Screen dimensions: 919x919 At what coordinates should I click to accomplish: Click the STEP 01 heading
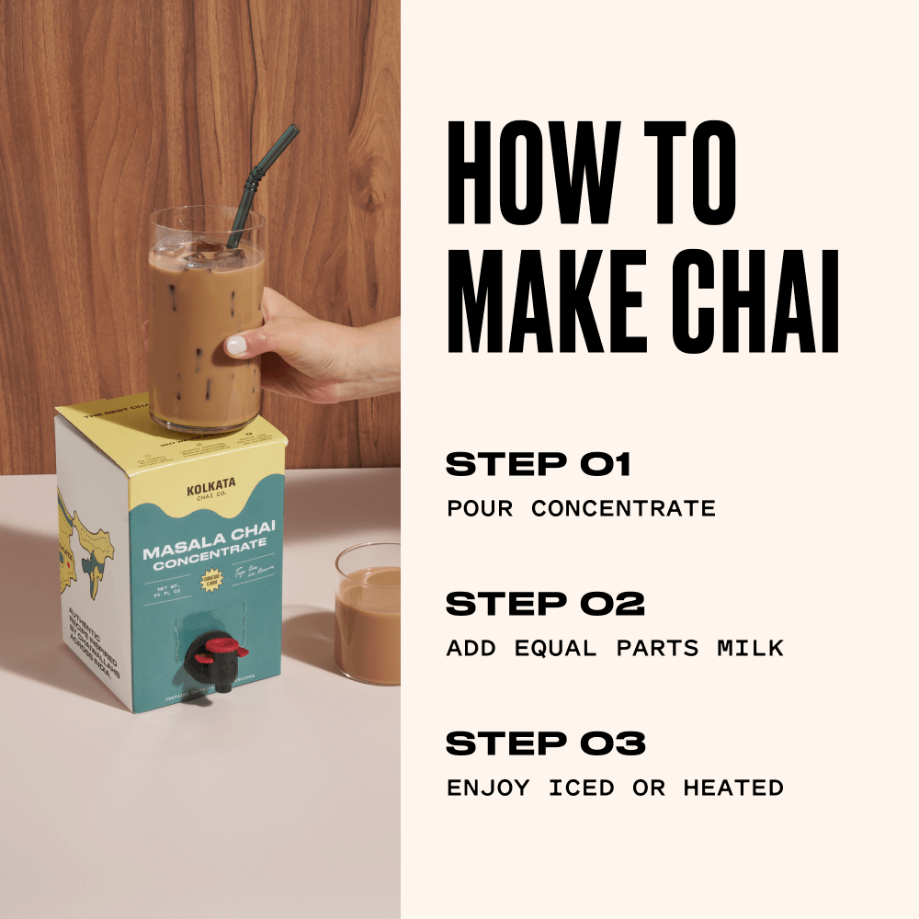pyautogui.click(x=539, y=465)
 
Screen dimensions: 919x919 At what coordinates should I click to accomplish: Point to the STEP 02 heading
pyautogui.click(x=545, y=604)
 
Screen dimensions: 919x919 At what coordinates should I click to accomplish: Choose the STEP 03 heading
pyautogui.click(x=546, y=743)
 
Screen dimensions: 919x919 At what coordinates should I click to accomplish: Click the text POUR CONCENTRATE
pyautogui.click(x=581, y=508)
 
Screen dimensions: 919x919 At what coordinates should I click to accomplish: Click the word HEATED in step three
pyautogui.click(x=732, y=788)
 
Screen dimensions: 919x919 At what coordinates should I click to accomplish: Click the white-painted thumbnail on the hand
pyautogui.click(x=237, y=346)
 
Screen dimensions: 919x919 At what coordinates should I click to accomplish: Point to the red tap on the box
pyautogui.click(x=225, y=652)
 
